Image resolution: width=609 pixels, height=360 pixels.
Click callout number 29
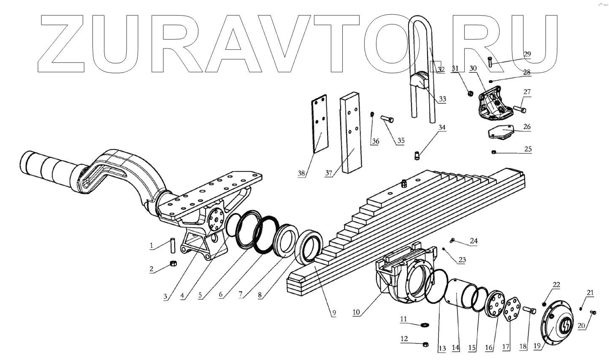coord(527,54)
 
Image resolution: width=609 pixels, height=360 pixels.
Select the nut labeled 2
coord(172,264)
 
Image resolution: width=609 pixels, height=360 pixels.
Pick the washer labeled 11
coord(424,325)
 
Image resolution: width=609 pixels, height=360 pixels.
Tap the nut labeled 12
coord(425,344)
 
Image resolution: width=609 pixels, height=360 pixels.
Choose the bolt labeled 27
coord(520,109)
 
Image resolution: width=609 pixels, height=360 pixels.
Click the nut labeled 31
coord(471,93)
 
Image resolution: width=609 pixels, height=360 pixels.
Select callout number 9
coord(333,313)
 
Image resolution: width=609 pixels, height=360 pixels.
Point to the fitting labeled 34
coord(416,156)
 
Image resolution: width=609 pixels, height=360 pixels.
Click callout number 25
coord(528,149)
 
